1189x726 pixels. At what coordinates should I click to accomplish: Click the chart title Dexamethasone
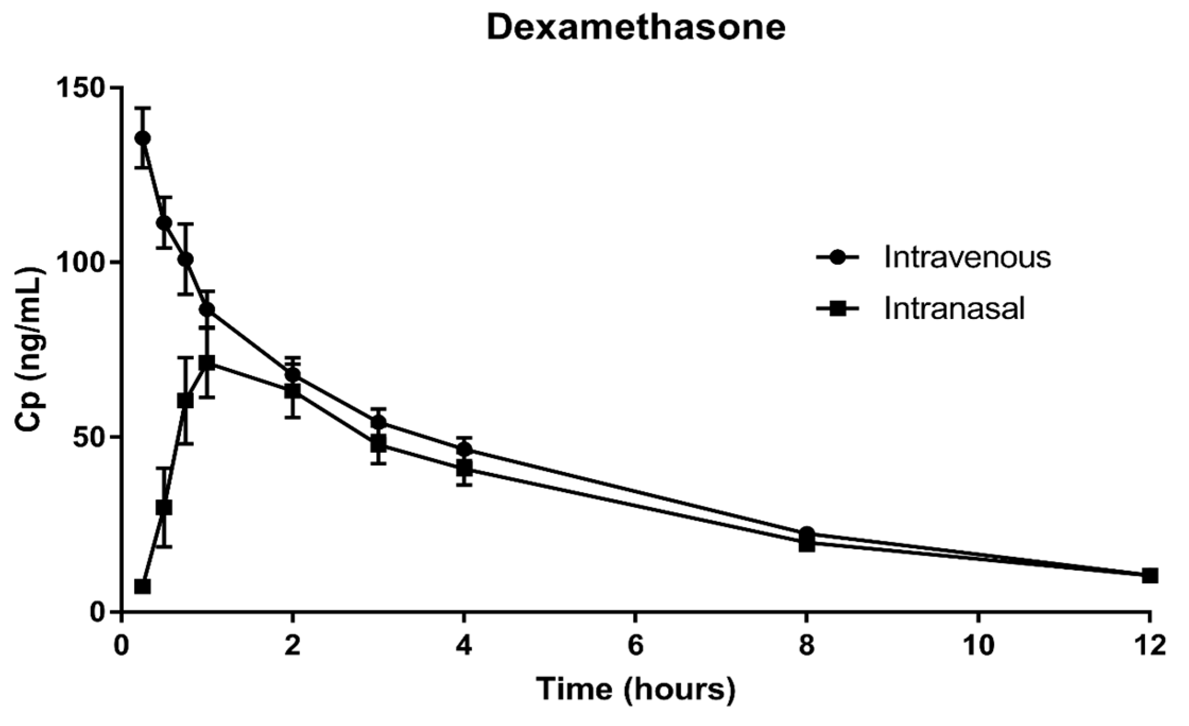636,28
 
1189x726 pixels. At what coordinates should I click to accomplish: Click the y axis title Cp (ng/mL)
31,349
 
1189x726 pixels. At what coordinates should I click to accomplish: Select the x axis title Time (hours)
636,690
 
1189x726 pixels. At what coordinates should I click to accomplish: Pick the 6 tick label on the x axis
635,646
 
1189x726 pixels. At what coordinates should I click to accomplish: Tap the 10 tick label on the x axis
978,646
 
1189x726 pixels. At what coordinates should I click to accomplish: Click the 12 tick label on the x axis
1149,646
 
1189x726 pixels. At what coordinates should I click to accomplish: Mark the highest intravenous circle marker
142,138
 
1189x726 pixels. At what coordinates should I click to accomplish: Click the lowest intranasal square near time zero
142,587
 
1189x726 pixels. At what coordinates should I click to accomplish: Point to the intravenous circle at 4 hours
464,450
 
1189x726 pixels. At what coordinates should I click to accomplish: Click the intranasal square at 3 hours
378,443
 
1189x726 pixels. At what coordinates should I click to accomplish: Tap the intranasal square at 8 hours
806,544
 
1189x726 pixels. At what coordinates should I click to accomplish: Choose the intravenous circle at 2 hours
292,375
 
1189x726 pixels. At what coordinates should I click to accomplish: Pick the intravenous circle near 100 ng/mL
185,260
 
